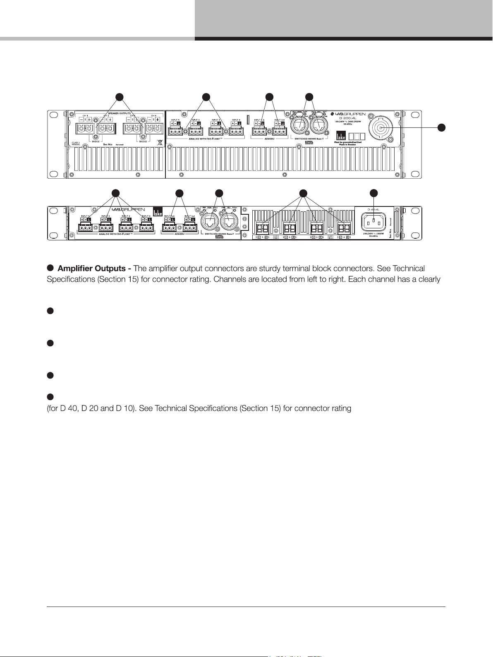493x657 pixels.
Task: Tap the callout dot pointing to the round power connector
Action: click(442, 127)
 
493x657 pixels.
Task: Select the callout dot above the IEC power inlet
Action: click(374, 193)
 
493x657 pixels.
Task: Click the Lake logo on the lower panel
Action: click(157, 211)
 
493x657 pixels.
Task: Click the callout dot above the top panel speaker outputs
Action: click(119, 97)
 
